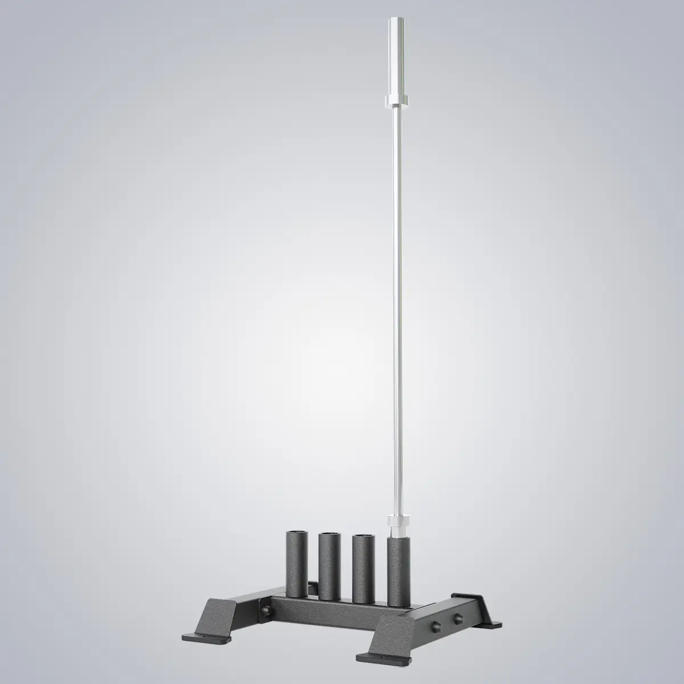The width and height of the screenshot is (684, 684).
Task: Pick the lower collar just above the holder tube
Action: tap(397, 522)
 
